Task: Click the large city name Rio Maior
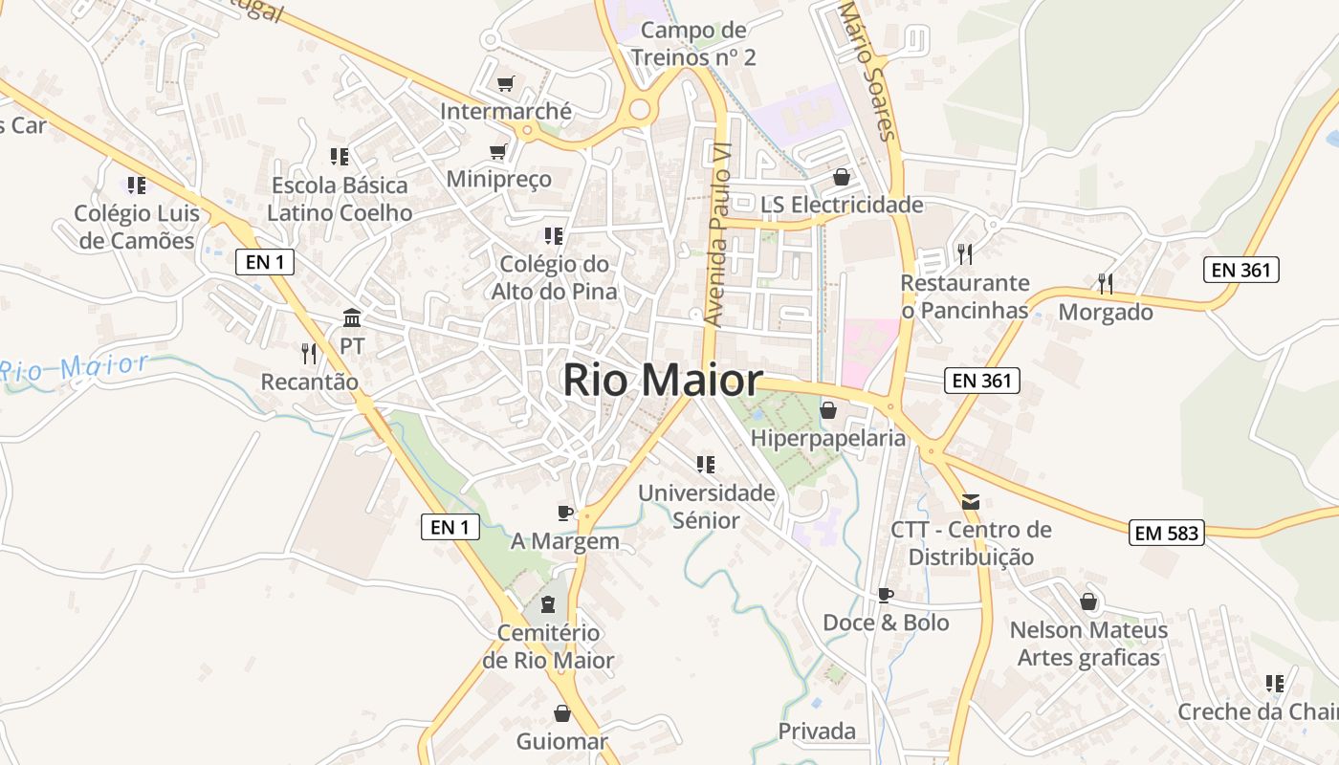pos(662,381)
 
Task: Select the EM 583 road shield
pos(1167,533)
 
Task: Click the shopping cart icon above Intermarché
pos(505,84)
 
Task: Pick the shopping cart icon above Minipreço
pos(498,151)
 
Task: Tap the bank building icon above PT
pos(352,317)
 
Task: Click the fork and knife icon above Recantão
pos(308,354)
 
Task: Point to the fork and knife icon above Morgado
pos(1106,284)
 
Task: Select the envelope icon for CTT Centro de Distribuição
pos(971,502)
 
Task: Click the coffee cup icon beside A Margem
pos(565,513)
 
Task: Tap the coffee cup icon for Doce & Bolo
pos(886,595)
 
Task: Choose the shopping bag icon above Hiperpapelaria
pos(828,410)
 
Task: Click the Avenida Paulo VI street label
pos(717,235)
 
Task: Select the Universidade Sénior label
pos(707,507)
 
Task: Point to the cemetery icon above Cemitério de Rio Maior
pos(548,604)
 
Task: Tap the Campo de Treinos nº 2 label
pos(693,43)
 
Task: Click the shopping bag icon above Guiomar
pos(562,713)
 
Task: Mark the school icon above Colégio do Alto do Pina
pos(553,235)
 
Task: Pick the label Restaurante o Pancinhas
pos(965,296)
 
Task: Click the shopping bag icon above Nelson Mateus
pos(1088,601)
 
